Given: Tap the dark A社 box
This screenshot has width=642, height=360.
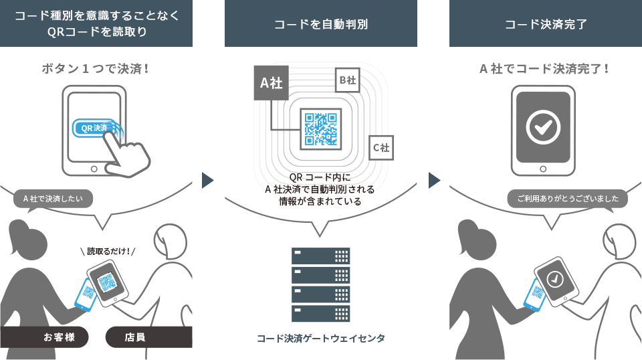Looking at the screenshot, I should point(271,83).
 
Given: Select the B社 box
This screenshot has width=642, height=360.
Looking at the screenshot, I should point(347,80).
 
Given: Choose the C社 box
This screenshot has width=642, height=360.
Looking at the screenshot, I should point(381,147).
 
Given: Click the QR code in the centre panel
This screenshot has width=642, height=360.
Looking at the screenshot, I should point(320,128).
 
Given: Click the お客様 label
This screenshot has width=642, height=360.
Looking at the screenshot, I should point(57,337).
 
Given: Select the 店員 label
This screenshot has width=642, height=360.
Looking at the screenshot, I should point(134,337).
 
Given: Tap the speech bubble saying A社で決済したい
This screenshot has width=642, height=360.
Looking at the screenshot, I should point(53,199).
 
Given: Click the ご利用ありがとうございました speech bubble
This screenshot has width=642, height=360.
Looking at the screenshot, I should point(567,199).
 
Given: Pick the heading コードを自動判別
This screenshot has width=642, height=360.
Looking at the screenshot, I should point(321,25).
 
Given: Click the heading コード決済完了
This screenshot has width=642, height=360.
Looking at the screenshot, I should point(546,25).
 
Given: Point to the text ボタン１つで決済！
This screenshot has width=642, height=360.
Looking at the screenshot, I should point(96,68).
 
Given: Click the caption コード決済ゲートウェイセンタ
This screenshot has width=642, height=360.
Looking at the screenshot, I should point(321,339).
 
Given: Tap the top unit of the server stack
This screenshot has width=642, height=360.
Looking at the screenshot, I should point(321,256).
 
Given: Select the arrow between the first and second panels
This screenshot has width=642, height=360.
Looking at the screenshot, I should point(207,180).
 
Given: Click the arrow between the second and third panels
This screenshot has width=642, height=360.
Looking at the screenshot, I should point(434,180).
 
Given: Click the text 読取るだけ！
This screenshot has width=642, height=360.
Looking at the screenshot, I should point(108,252).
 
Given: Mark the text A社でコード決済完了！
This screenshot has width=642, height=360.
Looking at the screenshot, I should point(545,68).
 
